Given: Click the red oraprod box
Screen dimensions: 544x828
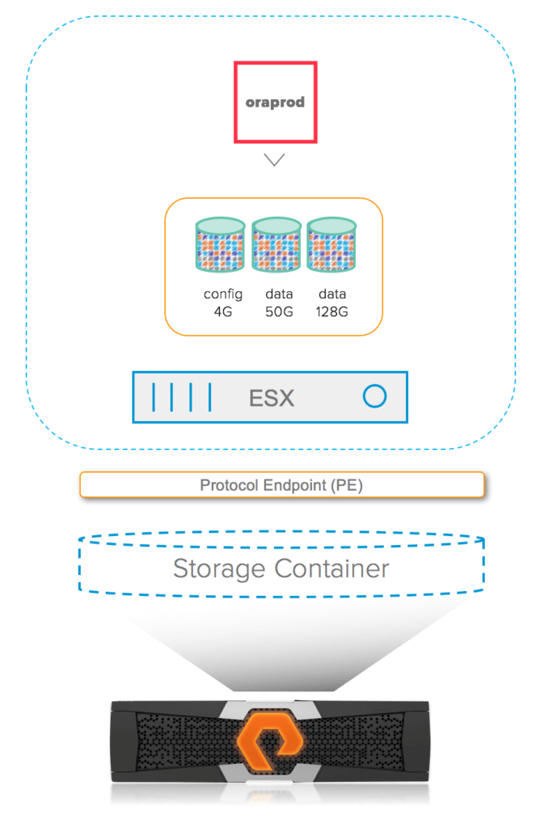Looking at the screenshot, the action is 276,63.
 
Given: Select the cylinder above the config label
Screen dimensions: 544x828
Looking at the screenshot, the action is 220,244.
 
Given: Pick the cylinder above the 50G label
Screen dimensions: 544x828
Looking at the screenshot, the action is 276,244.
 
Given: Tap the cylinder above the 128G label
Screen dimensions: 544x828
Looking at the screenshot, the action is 332,244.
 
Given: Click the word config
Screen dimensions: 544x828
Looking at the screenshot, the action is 223,294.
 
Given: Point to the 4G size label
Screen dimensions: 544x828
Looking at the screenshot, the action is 222,311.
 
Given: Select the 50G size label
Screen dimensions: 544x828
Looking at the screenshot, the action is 279,311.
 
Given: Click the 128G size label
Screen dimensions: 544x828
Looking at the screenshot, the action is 332,311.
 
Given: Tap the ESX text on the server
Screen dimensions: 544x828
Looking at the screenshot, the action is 272,398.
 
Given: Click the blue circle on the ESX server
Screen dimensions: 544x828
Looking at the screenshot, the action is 374,385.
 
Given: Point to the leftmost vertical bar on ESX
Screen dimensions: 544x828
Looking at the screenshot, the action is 154,397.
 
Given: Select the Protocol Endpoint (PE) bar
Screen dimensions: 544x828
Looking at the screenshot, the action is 282,485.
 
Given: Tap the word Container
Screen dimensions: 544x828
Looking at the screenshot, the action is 331,568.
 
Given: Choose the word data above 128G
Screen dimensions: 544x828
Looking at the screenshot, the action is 332,294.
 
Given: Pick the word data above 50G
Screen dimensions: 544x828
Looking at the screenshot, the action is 279,294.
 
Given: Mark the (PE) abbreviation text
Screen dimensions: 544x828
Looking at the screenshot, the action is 347,485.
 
